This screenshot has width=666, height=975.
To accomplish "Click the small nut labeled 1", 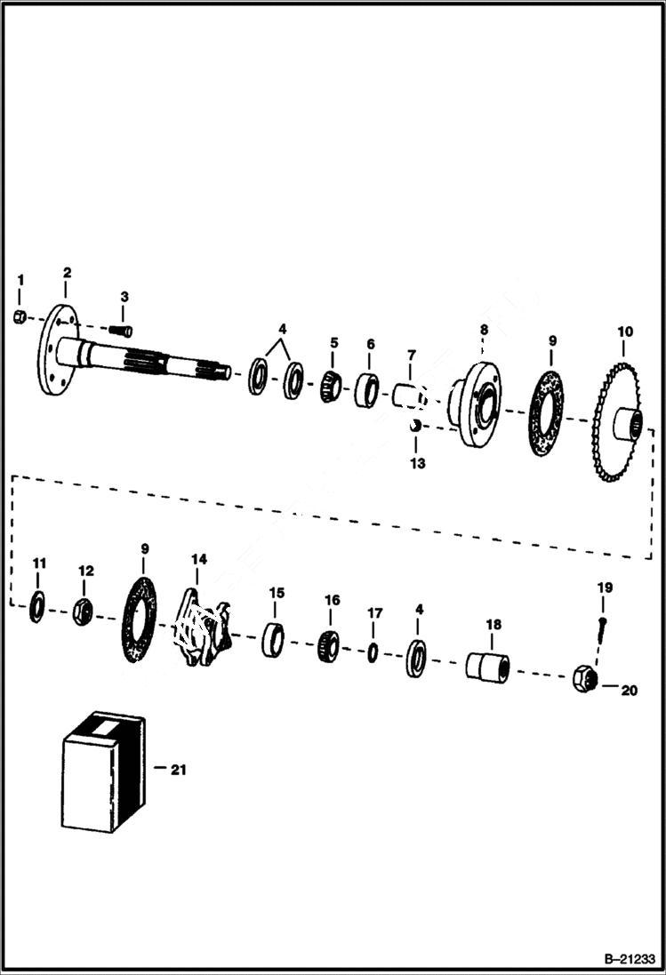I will (x=20, y=318).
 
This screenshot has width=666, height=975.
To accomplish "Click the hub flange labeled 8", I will (x=475, y=405).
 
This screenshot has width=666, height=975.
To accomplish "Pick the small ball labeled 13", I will (x=413, y=426).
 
